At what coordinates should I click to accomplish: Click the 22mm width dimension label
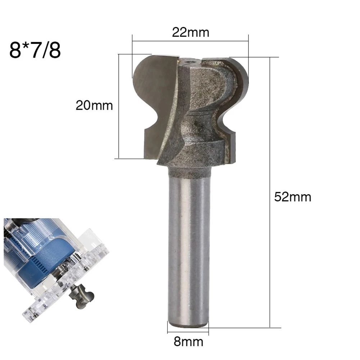click(191, 32)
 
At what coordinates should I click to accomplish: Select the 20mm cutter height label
click(94, 106)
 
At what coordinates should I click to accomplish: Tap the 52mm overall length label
click(293, 197)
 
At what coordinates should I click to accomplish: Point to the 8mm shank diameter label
click(188, 341)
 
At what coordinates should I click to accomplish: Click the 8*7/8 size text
click(35, 50)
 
